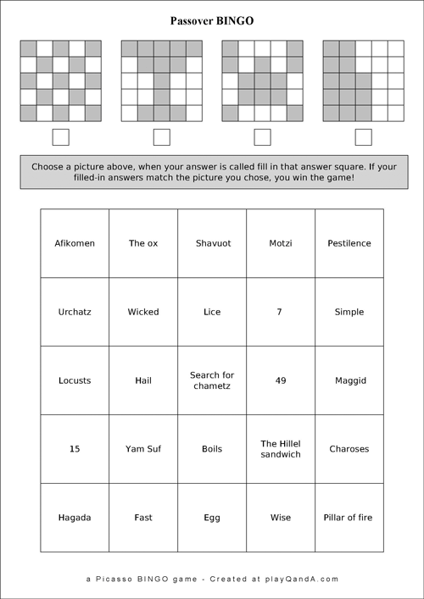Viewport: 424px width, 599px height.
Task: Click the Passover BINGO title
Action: pyautogui.click(x=212, y=20)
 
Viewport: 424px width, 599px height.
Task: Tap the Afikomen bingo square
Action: pyautogui.click(x=75, y=243)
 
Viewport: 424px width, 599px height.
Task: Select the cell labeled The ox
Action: pyautogui.click(x=143, y=243)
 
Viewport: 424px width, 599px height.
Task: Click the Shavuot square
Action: pyautogui.click(x=212, y=243)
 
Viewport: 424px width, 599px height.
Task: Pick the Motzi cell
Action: pyautogui.click(x=281, y=243)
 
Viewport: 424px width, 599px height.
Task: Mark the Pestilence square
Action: pyautogui.click(x=349, y=243)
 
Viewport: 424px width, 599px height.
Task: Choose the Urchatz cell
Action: pyautogui.click(x=75, y=312)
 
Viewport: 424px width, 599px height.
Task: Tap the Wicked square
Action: pyautogui.click(x=143, y=312)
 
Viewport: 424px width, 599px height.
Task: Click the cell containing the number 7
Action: pyautogui.click(x=281, y=312)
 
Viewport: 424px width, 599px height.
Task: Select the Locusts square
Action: pyautogui.click(x=75, y=380)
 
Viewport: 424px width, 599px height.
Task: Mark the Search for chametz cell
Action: pyautogui.click(x=212, y=380)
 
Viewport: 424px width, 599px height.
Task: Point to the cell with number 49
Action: pyautogui.click(x=281, y=380)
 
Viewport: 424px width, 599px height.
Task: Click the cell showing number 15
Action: pyautogui.click(x=75, y=449)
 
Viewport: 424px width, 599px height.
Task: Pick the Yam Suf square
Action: pyautogui.click(x=143, y=449)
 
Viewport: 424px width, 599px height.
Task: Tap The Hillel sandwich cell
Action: pyautogui.click(x=281, y=449)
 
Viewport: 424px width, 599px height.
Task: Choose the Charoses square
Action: pyautogui.click(x=349, y=449)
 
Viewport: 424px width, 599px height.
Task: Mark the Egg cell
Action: pyautogui.click(x=212, y=518)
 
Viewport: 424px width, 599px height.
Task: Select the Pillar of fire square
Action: pyautogui.click(x=349, y=518)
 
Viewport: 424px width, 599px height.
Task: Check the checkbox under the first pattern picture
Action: pyautogui.click(x=61, y=137)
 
